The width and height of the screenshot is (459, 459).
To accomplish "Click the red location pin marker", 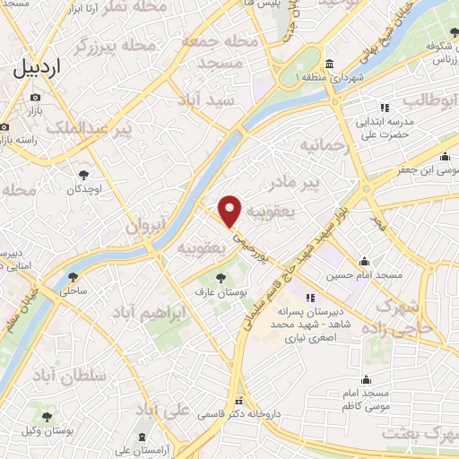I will pyautogui.click(x=231, y=211).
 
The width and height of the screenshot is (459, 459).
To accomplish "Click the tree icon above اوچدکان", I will pyautogui.click(x=83, y=175).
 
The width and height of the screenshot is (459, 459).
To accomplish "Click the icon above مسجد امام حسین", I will pyautogui.click(x=363, y=262).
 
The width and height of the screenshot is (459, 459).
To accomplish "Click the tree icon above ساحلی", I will pyautogui.click(x=73, y=277).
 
